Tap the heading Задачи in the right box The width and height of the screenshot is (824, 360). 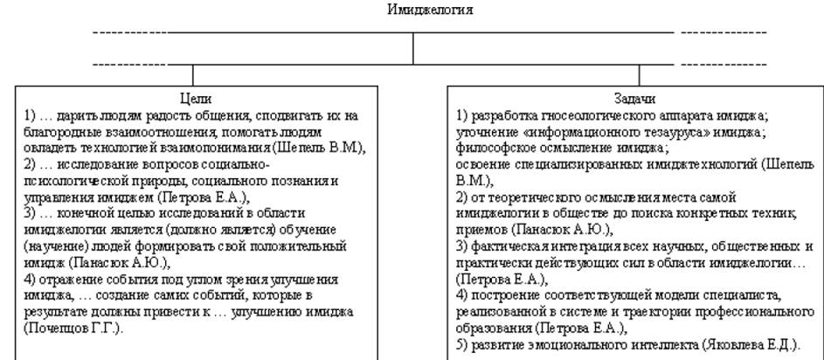pyautogui.click(x=636, y=100)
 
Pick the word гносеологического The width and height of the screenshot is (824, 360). pyautogui.click(x=577, y=114)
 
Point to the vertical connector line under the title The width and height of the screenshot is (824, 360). pyautogui.click(x=413, y=48)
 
